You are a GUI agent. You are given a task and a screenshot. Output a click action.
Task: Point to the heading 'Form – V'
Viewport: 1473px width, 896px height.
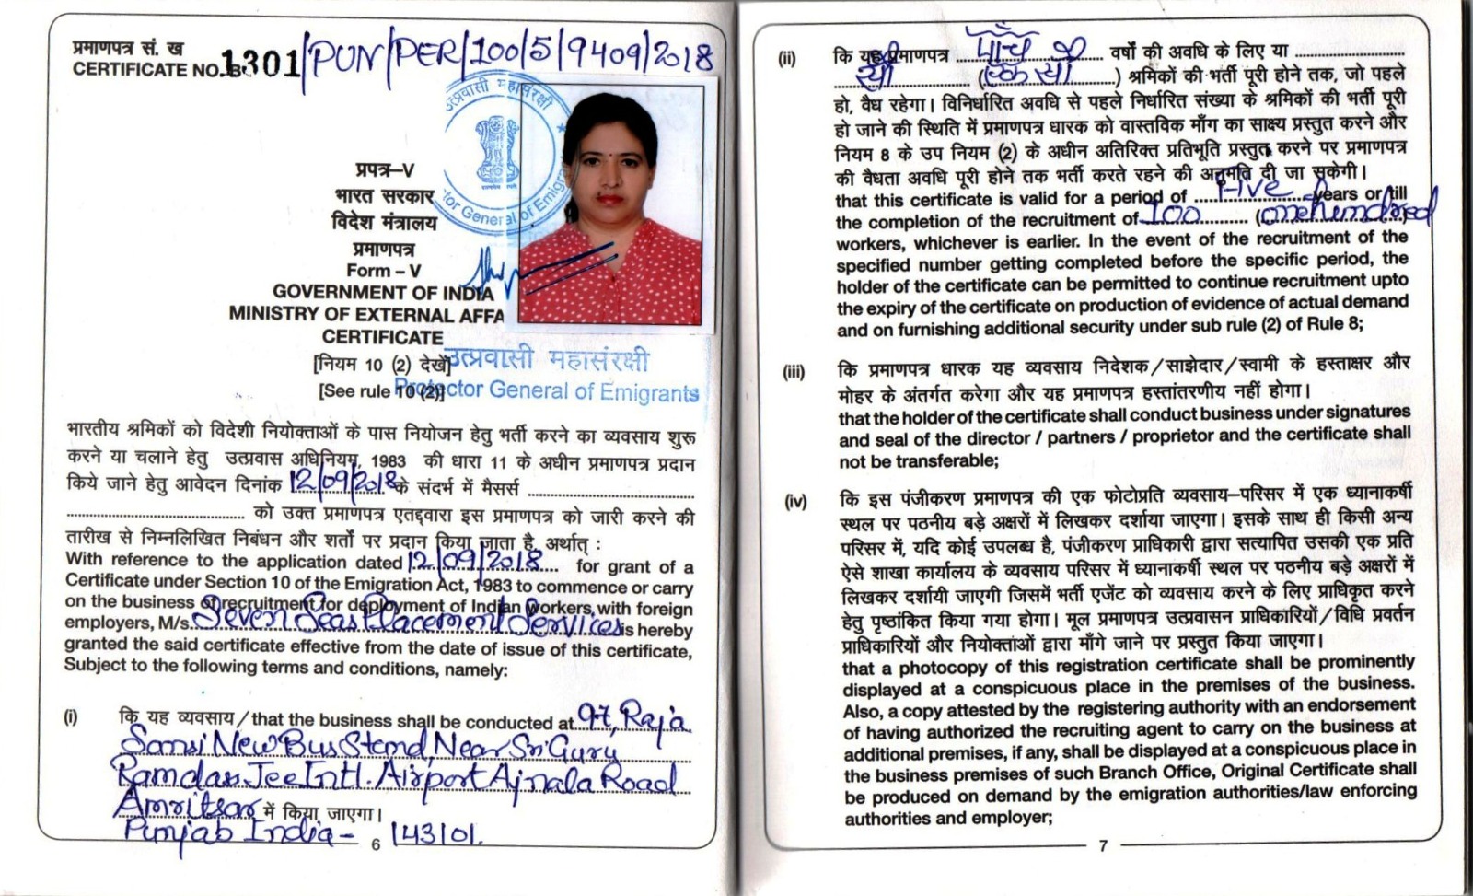tap(384, 271)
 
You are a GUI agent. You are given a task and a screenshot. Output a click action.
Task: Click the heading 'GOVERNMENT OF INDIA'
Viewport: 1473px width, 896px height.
tap(383, 293)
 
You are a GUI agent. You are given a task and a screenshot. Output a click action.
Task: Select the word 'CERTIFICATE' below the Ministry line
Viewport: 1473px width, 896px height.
tap(382, 337)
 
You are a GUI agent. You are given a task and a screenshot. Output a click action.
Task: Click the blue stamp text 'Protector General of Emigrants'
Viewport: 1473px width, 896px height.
tap(547, 390)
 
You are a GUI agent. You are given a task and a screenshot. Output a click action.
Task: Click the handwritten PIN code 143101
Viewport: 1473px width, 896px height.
tap(437, 835)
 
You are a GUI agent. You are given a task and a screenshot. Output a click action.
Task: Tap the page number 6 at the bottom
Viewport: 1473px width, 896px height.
tap(375, 844)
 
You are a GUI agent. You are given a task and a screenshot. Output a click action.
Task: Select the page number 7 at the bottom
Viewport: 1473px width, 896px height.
tap(1103, 845)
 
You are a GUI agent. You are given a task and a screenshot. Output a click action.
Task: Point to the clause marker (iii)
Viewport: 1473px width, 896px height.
tap(793, 373)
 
